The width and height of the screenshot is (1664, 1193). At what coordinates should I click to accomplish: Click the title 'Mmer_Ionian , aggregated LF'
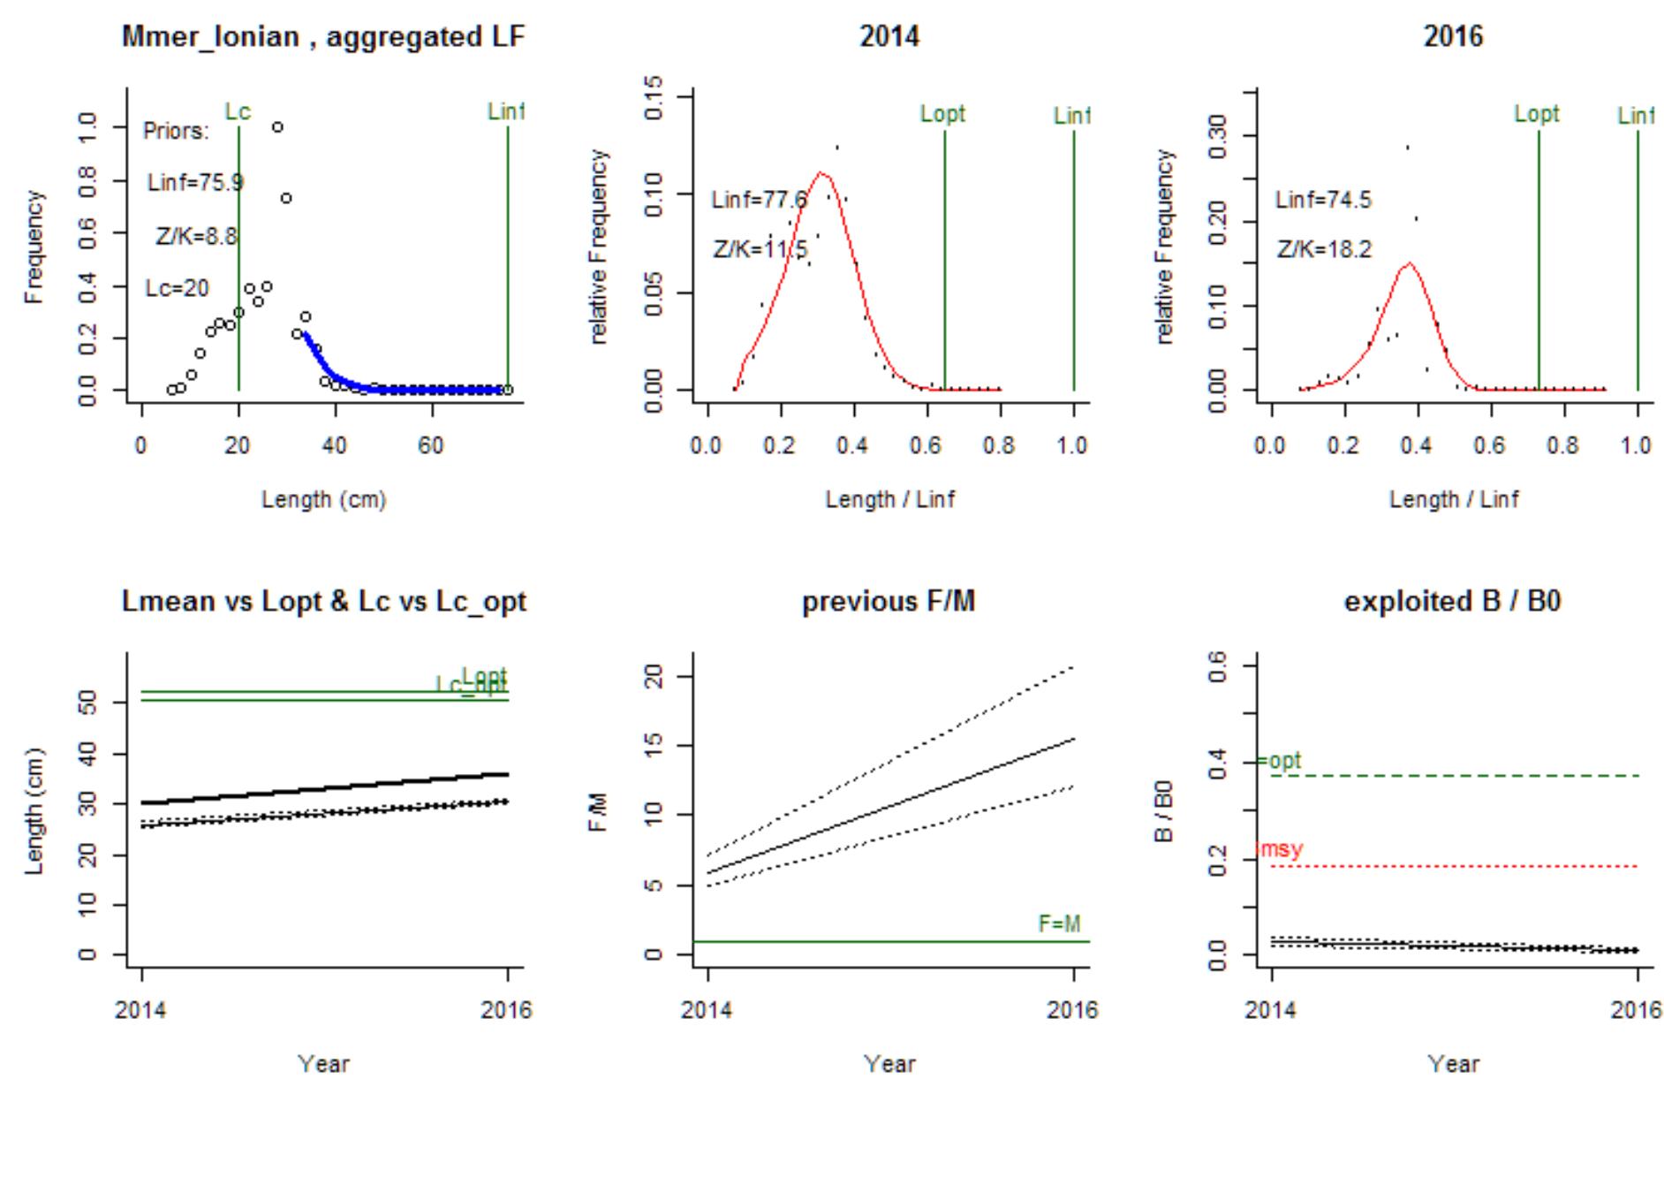323,37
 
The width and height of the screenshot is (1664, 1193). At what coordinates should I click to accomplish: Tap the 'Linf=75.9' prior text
195,183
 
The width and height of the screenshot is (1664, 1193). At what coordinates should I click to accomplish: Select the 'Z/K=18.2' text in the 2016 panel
1324,250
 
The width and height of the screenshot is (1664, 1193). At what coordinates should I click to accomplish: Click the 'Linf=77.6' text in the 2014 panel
759,201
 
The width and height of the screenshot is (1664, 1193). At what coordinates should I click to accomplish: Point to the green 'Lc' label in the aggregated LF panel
238,112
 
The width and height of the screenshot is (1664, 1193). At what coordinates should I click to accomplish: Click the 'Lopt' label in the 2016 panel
1537,114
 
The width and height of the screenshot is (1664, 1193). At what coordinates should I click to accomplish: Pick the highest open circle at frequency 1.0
277,127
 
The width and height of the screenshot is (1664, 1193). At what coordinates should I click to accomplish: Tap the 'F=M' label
1059,924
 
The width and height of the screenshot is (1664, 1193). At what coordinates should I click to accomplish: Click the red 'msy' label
1280,850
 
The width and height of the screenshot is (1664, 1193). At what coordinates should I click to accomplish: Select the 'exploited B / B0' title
1453,602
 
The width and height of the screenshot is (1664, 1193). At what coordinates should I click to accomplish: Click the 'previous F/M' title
889,602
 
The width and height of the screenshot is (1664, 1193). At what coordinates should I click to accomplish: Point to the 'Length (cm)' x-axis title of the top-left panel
323,500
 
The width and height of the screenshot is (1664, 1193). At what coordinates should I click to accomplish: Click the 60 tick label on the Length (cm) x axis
431,445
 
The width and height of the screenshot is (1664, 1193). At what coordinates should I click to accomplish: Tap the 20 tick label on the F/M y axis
655,677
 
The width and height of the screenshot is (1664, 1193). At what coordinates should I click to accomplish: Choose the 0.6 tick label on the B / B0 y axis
1219,663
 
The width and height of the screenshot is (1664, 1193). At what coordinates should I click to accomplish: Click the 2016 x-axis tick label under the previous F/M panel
1073,1010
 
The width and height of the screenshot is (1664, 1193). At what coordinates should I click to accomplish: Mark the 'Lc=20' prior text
178,289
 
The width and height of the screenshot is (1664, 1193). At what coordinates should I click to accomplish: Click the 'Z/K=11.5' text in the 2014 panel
760,250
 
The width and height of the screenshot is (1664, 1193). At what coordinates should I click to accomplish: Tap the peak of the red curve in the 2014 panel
823,173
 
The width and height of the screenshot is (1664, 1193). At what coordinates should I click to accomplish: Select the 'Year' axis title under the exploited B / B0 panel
1453,1064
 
